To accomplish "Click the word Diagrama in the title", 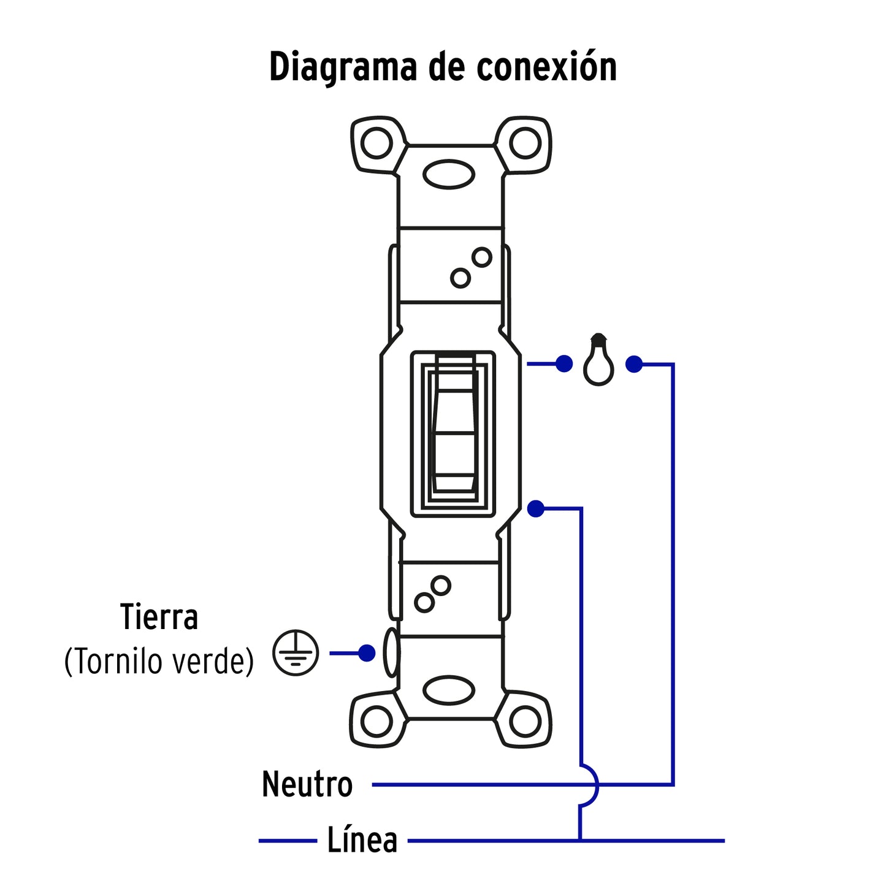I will [x=344, y=67].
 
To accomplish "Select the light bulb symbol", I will [x=598, y=361].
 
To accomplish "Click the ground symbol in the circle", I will [x=296, y=653].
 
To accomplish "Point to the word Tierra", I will [x=159, y=617].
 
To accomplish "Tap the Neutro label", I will [x=307, y=784].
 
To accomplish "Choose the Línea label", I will [x=362, y=840].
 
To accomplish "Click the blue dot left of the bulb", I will [x=564, y=364].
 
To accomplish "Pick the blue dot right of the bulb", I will [x=634, y=365].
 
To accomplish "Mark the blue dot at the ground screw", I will [x=367, y=653].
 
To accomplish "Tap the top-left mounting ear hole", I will [x=376, y=143].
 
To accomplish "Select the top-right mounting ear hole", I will [x=525, y=143].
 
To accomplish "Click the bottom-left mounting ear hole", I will [x=376, y=721].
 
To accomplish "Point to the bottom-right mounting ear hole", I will [x=525, y=721].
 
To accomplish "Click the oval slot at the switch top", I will [x=449, y=175].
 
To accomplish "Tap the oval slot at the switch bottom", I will [x=449, y=691].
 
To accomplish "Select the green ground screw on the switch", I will [x=391, y=653].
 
